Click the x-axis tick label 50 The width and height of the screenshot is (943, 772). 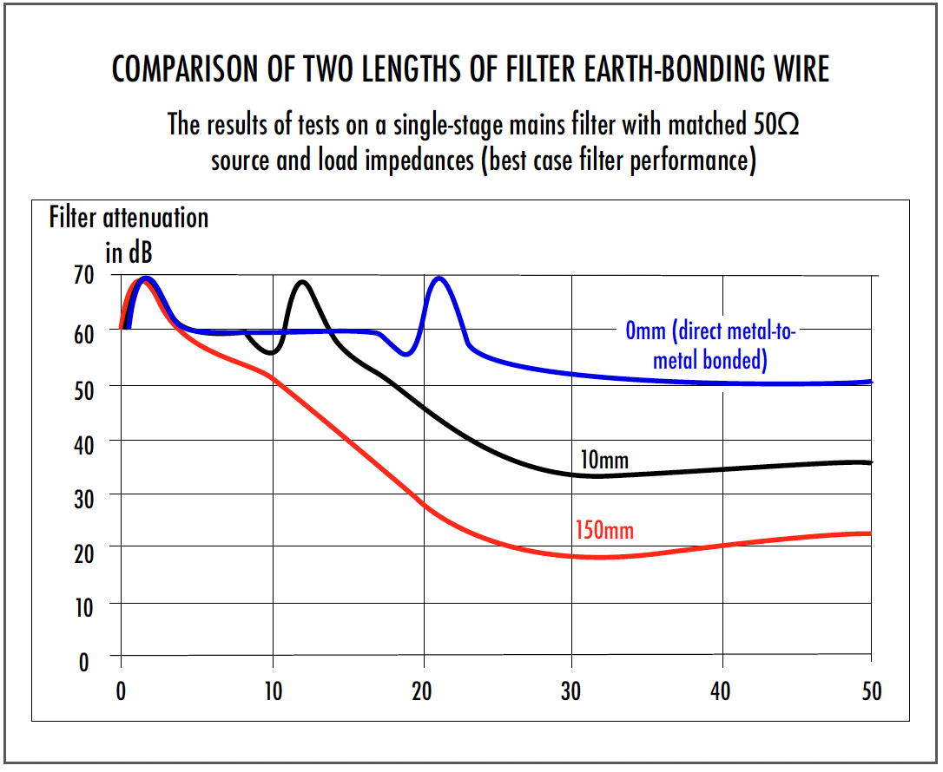tap(870, 691)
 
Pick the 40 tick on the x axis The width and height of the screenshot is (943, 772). tap(721, 691)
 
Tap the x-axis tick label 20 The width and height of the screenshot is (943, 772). tap(422, 691)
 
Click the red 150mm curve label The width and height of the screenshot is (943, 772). tap(604, 529)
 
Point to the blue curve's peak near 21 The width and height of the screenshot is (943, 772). tap(439, 278)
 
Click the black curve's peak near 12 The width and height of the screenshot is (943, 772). tap(302, 282)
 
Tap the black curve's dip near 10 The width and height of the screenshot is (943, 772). tap(271, 353)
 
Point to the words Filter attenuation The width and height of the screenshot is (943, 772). tap(129, 217)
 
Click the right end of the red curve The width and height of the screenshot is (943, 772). tap(870, 533)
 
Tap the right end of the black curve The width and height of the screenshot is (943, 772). tap(870, 462)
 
